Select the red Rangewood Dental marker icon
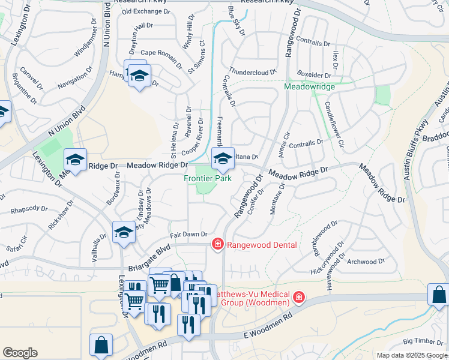(x=217, y=244)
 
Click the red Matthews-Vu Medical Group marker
(x=298, y=297)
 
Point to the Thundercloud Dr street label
(x=252, y=71)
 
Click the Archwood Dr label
(x=366, y=262)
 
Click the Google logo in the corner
(x=20, y=353)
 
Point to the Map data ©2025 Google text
(x=411, y=355)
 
